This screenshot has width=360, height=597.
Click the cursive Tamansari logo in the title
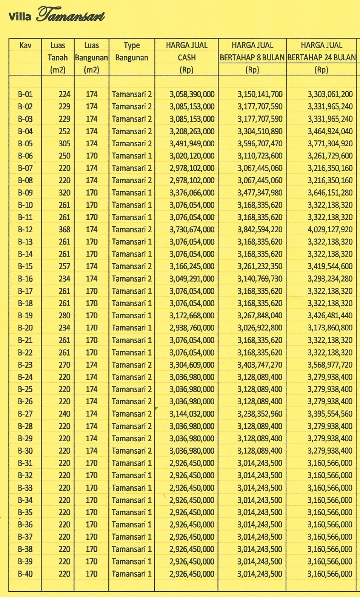(71, 15)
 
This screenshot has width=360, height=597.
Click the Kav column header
(25, 45)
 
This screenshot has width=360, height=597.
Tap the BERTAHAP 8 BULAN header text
(252, 58)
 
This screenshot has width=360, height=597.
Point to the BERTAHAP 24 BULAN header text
(322, 58)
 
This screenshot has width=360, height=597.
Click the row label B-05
(25, 144)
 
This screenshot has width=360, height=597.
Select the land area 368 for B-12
(64, 230)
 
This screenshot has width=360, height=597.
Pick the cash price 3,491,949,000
(192, 144)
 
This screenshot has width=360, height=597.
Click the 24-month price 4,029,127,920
(330, 230)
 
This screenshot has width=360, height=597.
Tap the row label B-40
(25, 574)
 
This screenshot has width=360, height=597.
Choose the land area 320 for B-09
(64, 193)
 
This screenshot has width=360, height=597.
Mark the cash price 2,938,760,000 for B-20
(192, 328)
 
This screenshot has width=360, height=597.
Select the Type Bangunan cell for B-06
(132, 156)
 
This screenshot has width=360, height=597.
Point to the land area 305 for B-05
(64, 144)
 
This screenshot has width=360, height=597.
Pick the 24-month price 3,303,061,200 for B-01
(330, 94)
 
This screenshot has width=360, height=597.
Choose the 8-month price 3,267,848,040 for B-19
(260, 316)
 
